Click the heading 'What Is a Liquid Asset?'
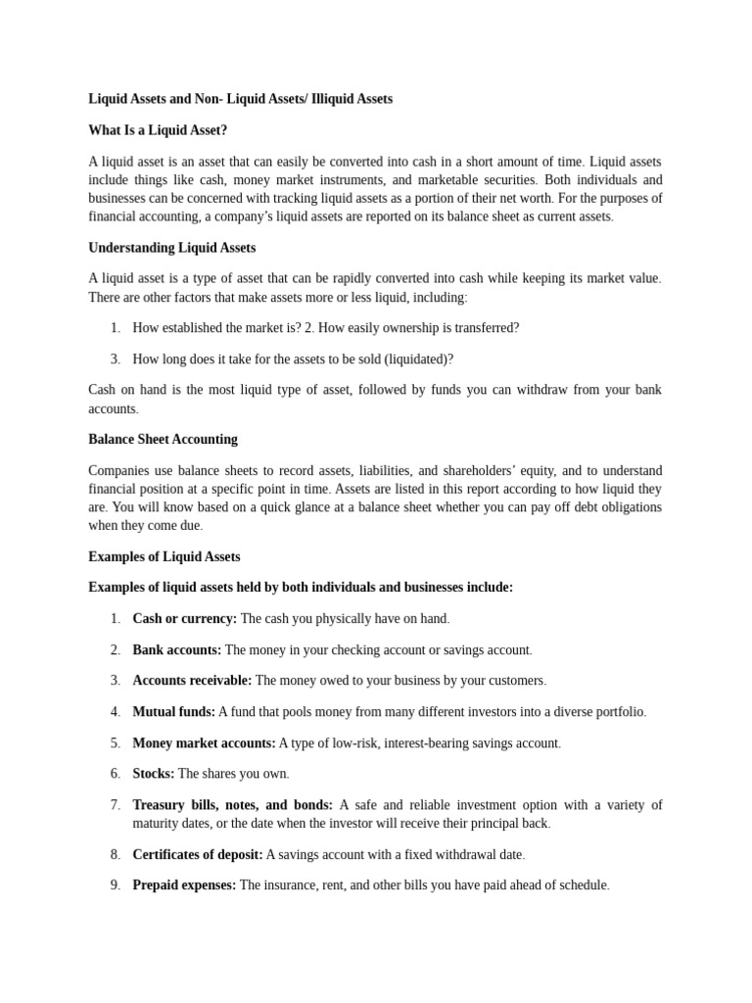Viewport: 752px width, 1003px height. [x=158, y=130]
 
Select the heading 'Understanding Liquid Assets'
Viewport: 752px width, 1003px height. [x=171, y=248]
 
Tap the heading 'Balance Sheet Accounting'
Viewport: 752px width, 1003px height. [x=163, y=439]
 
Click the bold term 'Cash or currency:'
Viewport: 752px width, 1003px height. [x=184, y=618]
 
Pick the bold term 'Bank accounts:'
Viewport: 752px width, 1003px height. [x=177, y=649]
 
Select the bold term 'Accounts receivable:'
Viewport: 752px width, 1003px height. [x=192, y=680]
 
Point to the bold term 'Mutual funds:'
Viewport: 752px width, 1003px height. [x=173, y=711]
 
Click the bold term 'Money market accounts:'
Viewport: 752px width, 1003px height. [x=204, y=742]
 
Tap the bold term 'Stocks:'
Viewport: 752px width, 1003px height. [x=154, y=774]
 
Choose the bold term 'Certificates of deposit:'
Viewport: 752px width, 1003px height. [x=198, y=854]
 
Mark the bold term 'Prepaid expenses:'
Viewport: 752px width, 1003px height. [x=184, y=884]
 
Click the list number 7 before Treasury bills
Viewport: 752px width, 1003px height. [x=115, y=805]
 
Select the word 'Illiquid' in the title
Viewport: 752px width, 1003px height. [x=334, y=99]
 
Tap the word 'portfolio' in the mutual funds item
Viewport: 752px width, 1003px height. [x=617, y=711]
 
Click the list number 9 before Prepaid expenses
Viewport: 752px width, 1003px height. [x=115, y=884]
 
